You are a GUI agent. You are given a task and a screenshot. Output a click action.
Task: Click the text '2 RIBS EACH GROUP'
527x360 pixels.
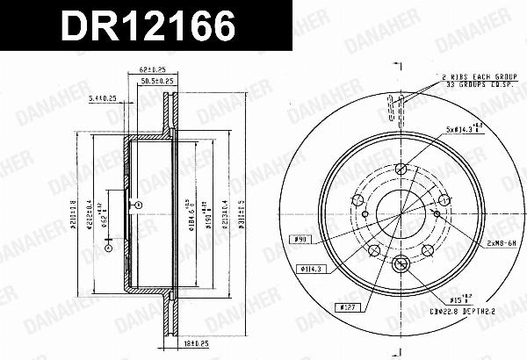[472, 76]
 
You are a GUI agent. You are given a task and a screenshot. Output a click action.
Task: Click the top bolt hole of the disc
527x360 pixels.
[401, 169]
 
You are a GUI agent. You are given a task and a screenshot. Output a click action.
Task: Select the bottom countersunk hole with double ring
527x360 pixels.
[401, 263]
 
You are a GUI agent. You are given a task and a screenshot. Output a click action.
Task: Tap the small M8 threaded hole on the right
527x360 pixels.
[437, 212]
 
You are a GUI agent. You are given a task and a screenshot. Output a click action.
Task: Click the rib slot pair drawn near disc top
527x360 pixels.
[401, 112]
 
